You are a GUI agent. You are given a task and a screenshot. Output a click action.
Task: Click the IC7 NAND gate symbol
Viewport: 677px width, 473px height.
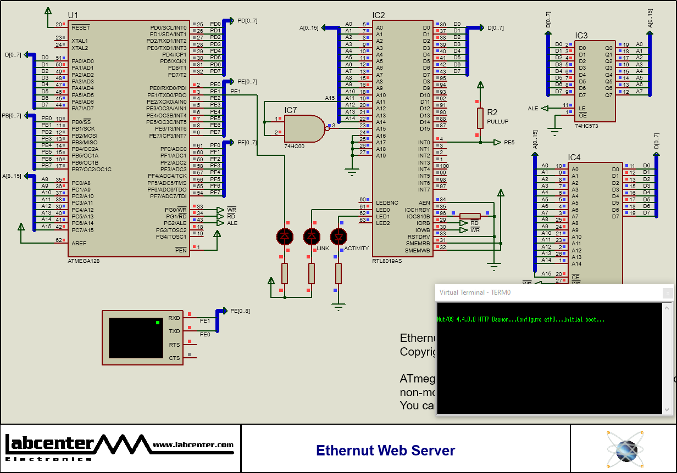pyautogui.click(x=304, y=128)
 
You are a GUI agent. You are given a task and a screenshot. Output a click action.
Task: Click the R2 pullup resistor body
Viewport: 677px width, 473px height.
pyautogui.click(x=480, y=118)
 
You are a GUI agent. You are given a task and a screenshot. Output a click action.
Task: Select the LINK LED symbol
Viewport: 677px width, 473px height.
pyautogui.click(x=312, y=236)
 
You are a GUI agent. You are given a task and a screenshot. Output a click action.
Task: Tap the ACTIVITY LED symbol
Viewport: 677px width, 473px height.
pyautogui.click(x=338, y=236)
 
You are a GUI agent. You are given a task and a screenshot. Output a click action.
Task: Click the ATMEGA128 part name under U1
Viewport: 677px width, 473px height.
pyautogui.click(x=84, y=261)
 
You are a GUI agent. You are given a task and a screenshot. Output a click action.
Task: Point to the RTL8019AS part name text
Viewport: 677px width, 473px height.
pyautogui.click(x=387, y=261)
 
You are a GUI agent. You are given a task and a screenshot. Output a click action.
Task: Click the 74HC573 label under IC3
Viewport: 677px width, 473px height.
pyautogui.click(x=586, y=126)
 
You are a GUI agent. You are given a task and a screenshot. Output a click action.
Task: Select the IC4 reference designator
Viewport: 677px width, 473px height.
pyautogui.click(x=574, y=157)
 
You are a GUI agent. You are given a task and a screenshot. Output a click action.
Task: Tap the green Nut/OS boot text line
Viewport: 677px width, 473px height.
pyautogui.click(x=520, y=319)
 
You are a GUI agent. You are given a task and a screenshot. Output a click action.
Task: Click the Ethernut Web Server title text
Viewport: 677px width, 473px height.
pyautogui.click(x=385, y=451)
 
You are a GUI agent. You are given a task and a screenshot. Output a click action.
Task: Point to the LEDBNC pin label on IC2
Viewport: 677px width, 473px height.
pyautogui.click(x=387, y=203)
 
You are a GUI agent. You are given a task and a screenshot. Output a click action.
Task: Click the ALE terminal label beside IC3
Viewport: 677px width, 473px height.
pyautogui.click(x=532, y=109)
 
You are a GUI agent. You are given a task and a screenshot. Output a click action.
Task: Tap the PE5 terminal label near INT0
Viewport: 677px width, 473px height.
pyautogui.click(x=509, y=142)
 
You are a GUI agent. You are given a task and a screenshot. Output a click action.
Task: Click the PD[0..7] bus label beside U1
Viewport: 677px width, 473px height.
pyautogui.click(x=247, y=20)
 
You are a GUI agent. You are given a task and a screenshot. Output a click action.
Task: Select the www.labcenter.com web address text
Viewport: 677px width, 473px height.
pyautogui.click(x=193, y=445)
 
